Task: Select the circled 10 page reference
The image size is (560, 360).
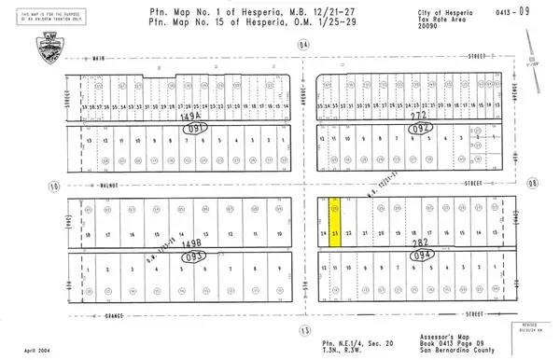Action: [54, 187]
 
